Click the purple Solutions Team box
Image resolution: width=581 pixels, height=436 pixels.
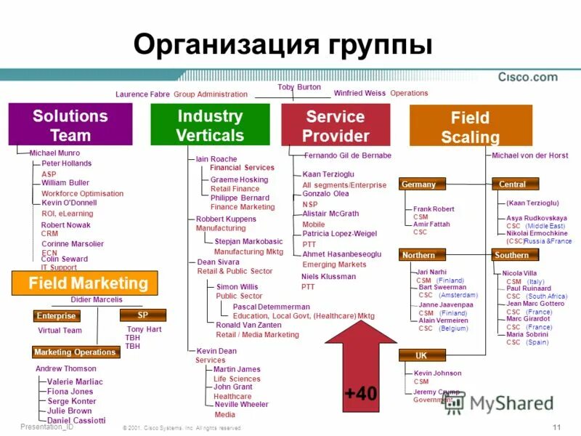(x=70, y=125)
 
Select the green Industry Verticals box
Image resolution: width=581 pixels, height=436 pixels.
(x=210, y=125)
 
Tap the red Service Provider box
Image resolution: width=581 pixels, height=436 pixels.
(x=336, y=125)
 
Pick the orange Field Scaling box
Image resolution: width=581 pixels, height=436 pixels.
(x=471, y=126)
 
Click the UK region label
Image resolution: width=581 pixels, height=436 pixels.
(x=420, y=355)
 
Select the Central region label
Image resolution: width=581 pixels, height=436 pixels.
(x=513, y=185)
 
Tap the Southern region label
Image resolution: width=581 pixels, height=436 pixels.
(x=513, y=255)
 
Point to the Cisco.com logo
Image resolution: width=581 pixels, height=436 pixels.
(x=527, y=77)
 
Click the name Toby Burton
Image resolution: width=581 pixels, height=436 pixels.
(x=298, y=87)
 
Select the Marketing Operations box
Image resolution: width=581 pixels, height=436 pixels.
(x=75, y=352)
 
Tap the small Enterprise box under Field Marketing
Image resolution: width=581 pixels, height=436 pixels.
(x=56, y=316)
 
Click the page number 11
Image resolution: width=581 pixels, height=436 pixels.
(x=556, y=427)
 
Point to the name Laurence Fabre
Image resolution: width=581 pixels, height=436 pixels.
(x=142, y=94)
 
